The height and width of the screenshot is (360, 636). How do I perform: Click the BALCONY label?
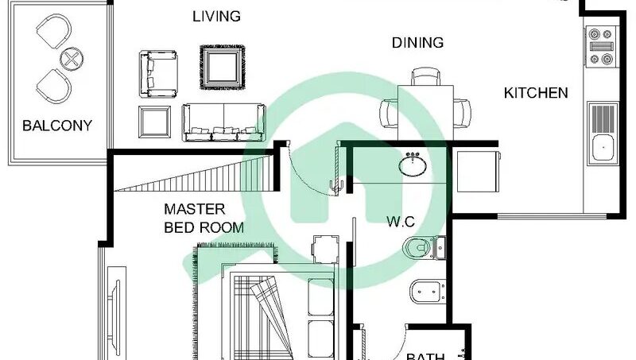(57, 126)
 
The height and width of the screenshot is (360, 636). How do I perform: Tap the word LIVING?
(216, 17)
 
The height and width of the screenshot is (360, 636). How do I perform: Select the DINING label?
(418, 43)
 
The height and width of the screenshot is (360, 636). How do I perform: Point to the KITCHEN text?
(536, 93)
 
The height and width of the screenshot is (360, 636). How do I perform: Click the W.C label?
(401, 222)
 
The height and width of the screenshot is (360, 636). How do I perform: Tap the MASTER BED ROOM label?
(204, 219)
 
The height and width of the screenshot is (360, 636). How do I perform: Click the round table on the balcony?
(72, 59)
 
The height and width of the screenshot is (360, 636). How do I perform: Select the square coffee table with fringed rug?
(223, 68)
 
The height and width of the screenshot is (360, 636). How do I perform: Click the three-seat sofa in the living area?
(224, 122)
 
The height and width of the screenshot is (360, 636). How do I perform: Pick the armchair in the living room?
(158, 74)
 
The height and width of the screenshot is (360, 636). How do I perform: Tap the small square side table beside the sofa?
(154, 122)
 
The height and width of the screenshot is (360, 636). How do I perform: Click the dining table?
(425, 113)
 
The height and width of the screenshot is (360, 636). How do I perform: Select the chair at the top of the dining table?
(425, 76)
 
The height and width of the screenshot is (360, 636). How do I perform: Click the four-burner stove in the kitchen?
(601, 46)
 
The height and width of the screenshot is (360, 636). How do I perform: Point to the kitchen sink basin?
(603, 148)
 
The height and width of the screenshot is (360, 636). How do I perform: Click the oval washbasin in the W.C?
(413, 165)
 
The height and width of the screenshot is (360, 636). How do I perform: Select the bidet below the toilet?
(428, 292)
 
